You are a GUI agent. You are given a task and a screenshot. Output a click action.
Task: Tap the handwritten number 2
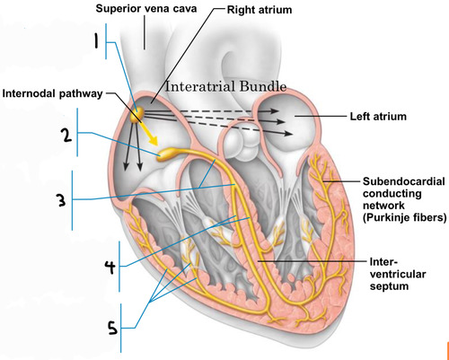(66, 136)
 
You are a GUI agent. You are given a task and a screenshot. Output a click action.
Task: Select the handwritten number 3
(60, 200)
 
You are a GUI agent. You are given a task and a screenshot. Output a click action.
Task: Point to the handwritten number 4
(109, 267)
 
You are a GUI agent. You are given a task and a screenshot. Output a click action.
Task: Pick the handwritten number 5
(113, 329)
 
